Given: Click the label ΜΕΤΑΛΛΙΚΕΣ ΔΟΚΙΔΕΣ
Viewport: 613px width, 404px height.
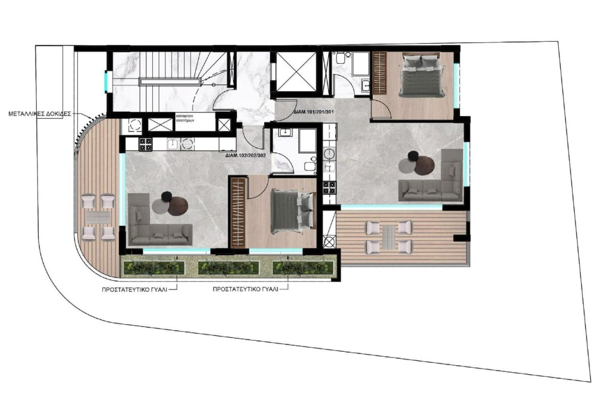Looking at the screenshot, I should (40, 114).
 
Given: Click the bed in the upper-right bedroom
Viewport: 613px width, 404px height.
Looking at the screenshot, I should (421, 74).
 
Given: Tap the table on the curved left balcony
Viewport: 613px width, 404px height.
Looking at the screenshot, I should (98, 218).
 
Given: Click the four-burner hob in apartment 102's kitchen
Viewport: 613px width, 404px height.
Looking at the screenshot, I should (146, 142).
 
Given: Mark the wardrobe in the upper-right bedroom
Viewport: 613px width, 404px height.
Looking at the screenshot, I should (379, 73).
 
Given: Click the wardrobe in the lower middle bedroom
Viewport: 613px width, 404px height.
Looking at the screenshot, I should (238, 212).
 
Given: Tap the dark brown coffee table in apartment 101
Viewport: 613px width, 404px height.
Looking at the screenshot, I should (424, 165).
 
